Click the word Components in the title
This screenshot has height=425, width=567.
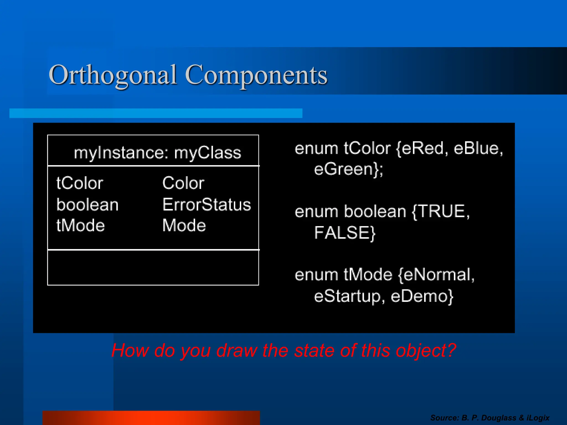(256, 75)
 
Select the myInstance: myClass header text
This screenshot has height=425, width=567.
(157, 153)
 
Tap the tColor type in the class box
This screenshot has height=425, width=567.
(80, 183)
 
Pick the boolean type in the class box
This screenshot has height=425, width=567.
(87, 205)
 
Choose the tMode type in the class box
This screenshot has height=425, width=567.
(81, 225)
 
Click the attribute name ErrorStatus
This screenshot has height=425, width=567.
(207, 205)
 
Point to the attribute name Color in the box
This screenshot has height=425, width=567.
(183, 183)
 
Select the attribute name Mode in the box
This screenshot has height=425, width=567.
(184, 225)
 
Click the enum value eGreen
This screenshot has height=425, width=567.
(346, 169)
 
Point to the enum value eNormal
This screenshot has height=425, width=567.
(437, 275)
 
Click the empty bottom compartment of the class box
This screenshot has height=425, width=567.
(153, 267)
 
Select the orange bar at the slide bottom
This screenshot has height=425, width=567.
(151, 418)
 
